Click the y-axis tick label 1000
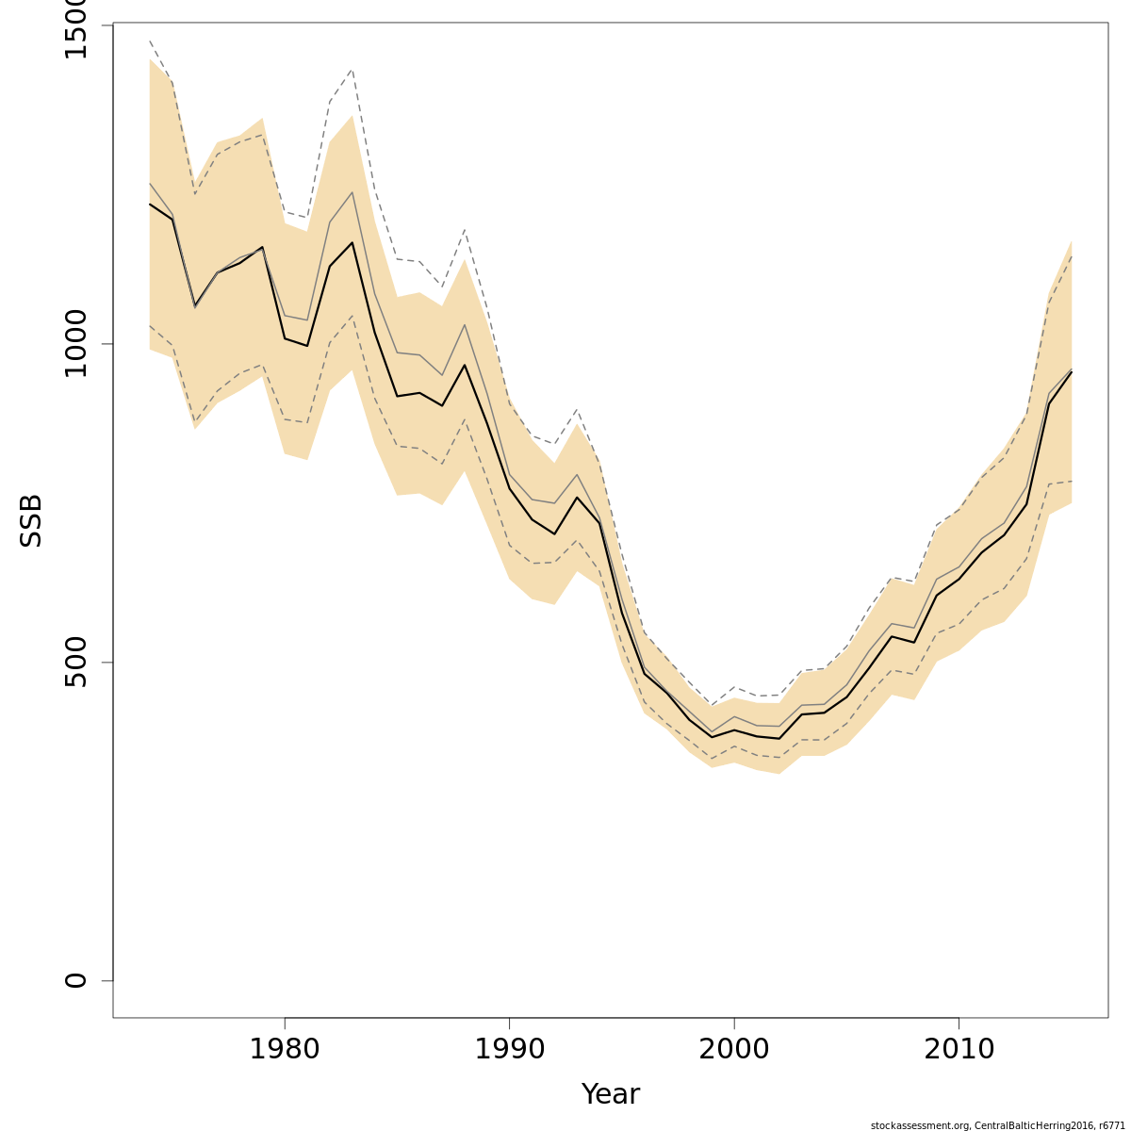point(75,344)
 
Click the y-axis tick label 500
point(75,662)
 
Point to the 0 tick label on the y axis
point(75,980)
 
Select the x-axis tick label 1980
point(285,1049)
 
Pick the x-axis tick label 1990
point(509,1049)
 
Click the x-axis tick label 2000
point(734,1049)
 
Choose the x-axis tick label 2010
point(959,1049)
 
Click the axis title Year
point(611,1094)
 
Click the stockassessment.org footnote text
point(998,1124)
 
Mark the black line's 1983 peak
point(352,243)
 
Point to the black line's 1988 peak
point(465,365)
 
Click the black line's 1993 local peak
point(577,498)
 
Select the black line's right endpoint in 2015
point(1072,371)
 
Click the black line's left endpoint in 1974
point(150,204)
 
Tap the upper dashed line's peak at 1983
point(352,69)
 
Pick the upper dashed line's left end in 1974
point(150,41)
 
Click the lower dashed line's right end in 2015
point(1072,482)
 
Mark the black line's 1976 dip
point(195,305)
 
